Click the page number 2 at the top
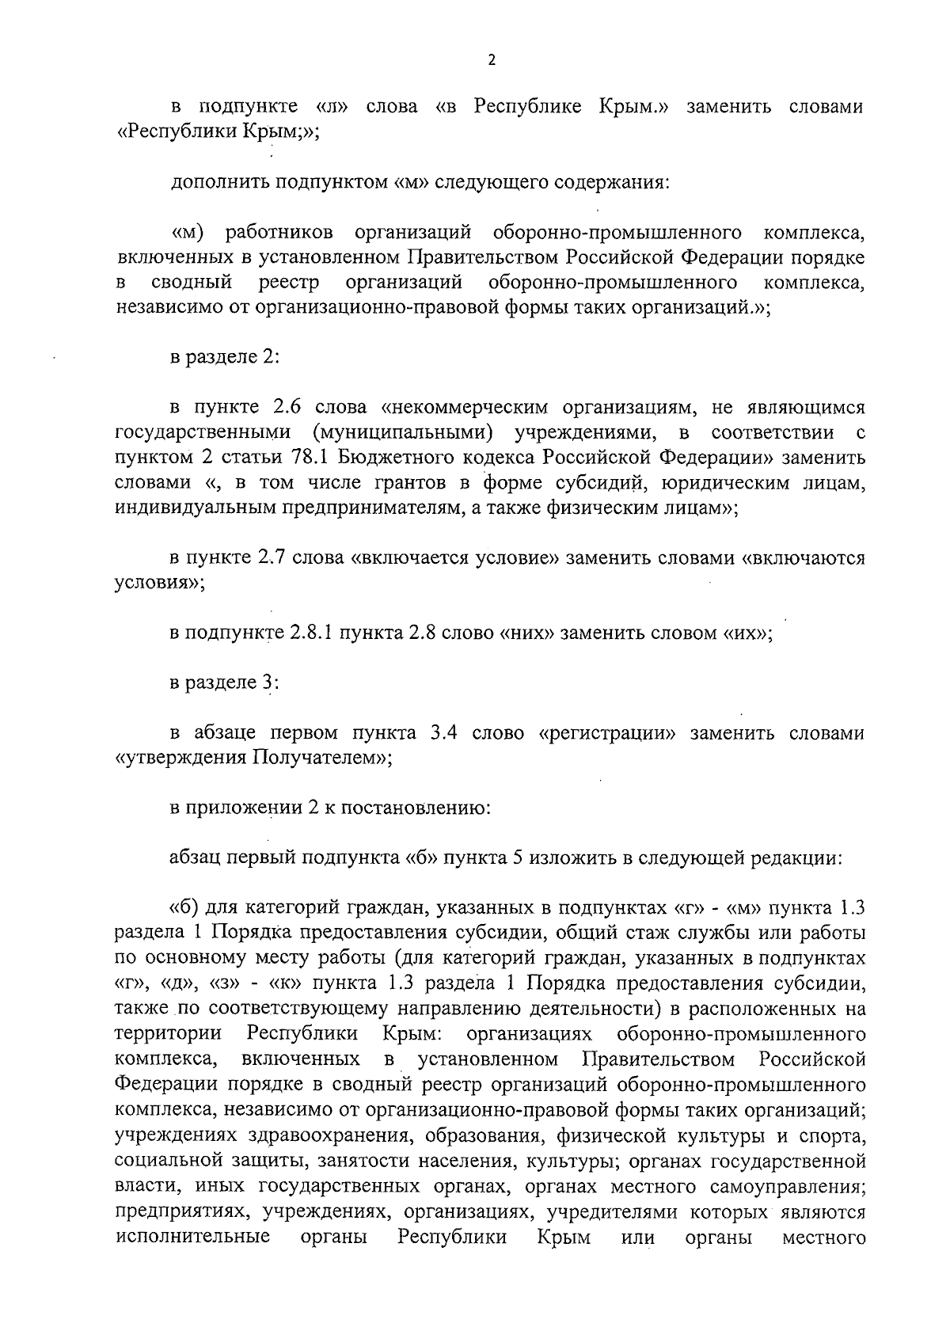491,60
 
